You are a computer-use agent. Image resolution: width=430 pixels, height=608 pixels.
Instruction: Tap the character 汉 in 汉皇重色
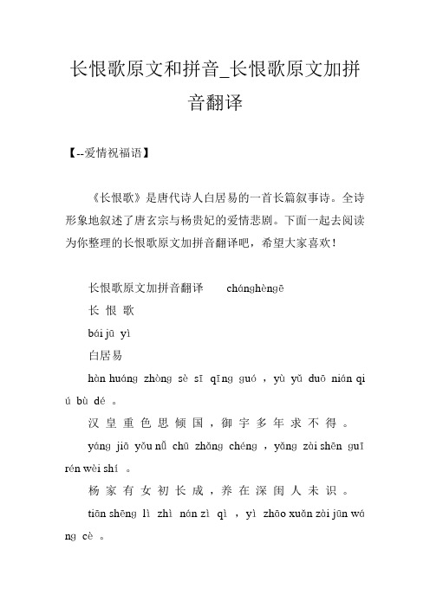94,425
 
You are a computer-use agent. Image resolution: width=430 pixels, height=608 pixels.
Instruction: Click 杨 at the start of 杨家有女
94,503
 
